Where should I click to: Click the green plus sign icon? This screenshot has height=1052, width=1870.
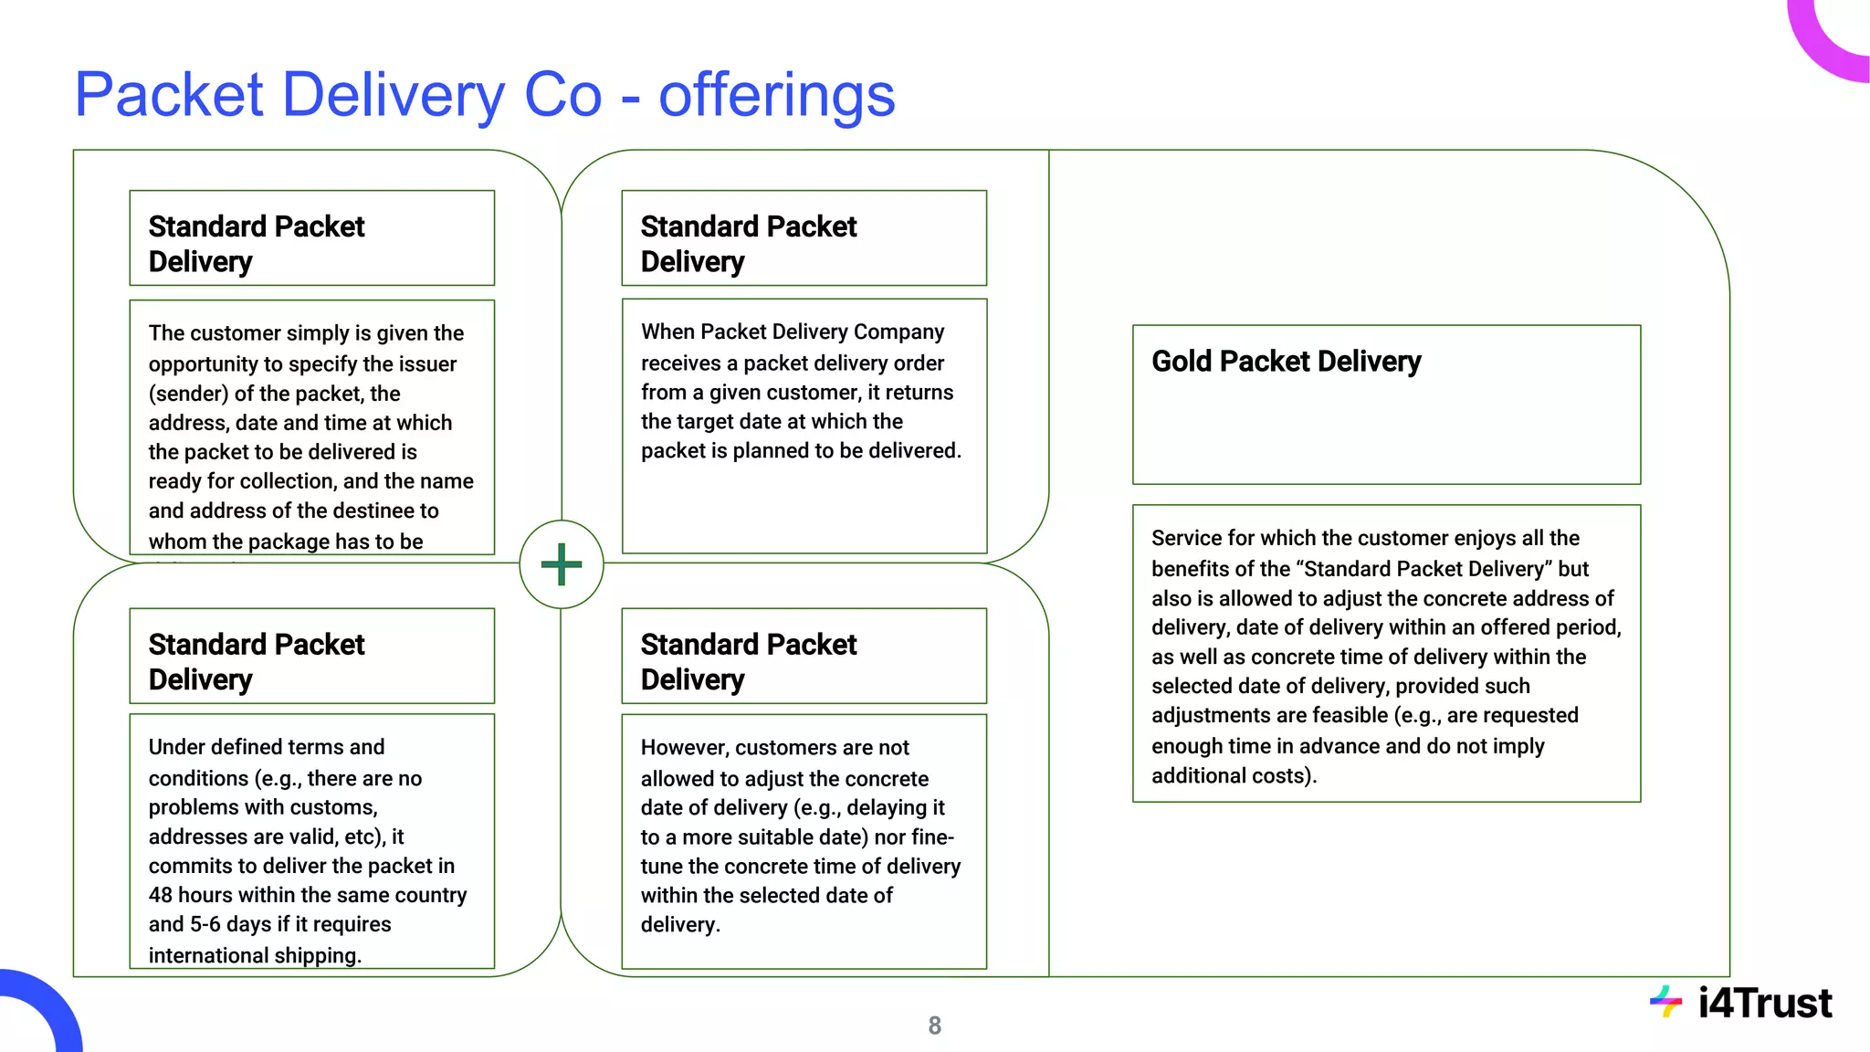click(561, 563)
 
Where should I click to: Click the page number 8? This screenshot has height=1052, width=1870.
click(934, 1026)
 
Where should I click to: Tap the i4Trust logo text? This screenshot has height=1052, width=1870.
click(1764, 1003)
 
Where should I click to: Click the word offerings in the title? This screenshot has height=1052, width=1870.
click(776, 95)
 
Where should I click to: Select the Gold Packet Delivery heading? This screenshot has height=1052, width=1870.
click(1286, 362)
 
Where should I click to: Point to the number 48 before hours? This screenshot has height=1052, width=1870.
click(161, 895)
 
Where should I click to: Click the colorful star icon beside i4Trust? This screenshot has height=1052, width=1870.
click(1665, 1002)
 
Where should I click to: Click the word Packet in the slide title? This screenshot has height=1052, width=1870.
click(170, 95)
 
